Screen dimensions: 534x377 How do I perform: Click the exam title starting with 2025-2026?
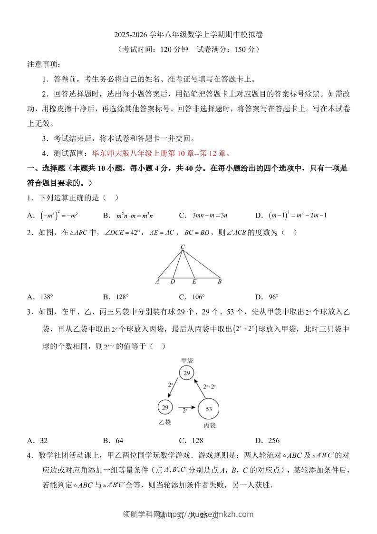pyautogui.click(x=188, y=35)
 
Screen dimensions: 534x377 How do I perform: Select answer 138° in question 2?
pyautogui.click(x=46, y=297)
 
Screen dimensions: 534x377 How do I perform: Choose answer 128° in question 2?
pyautogui.click(x=122, y=297)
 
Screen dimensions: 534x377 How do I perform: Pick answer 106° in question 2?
pyautogui.click(x=198, y=297)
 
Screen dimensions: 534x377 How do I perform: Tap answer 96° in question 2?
pyautogui.click(x=273, y=297)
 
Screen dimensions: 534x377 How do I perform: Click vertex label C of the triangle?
pyautogui.click(x=183, y=247)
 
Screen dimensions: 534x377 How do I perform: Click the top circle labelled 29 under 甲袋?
pyautogui.click(x=187, y=373)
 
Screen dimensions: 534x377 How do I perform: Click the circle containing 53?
pyautogui.click(x=208, y=408)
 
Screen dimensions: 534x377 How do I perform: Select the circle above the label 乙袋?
pyautogui.click(x=165, y=407)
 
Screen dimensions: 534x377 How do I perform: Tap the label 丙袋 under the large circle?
pyautogui.click(x=209, y=425)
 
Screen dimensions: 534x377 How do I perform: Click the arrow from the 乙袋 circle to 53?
pyautogui.click(x=184, y=407)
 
